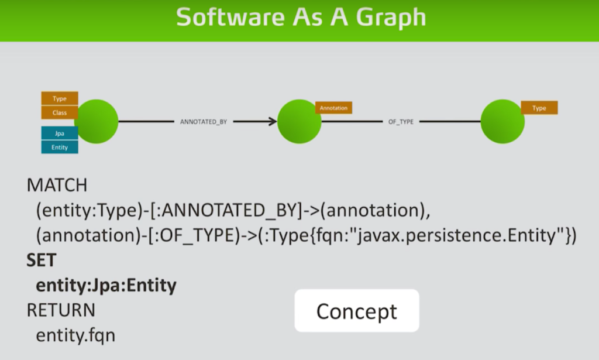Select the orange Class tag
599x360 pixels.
[x=60, y=113]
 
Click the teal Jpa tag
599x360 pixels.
[x=60, y=133]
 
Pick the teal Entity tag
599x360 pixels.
[x=60, y=147]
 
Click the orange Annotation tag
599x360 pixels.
[x=333, y=108]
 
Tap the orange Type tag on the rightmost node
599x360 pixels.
[x=539, y=108]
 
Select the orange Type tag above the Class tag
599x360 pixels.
[x=60, y=98]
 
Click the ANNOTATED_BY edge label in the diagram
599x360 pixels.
[x=204, y=122]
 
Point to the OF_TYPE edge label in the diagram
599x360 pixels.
[x=401, y=122]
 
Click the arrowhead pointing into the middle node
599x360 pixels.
[x=273, y=122]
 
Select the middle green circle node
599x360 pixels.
[x=299, y=122]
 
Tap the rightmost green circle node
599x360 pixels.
[x=502, y=122]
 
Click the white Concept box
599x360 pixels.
[x=357, y=311]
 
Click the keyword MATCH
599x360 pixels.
[x=57, y=186]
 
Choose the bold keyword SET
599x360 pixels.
[x=42, y=260]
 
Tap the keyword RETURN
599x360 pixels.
[x=61, y=310]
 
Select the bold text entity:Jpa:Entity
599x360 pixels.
[x=106, y=286]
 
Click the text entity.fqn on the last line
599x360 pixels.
[x=75, y=335]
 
